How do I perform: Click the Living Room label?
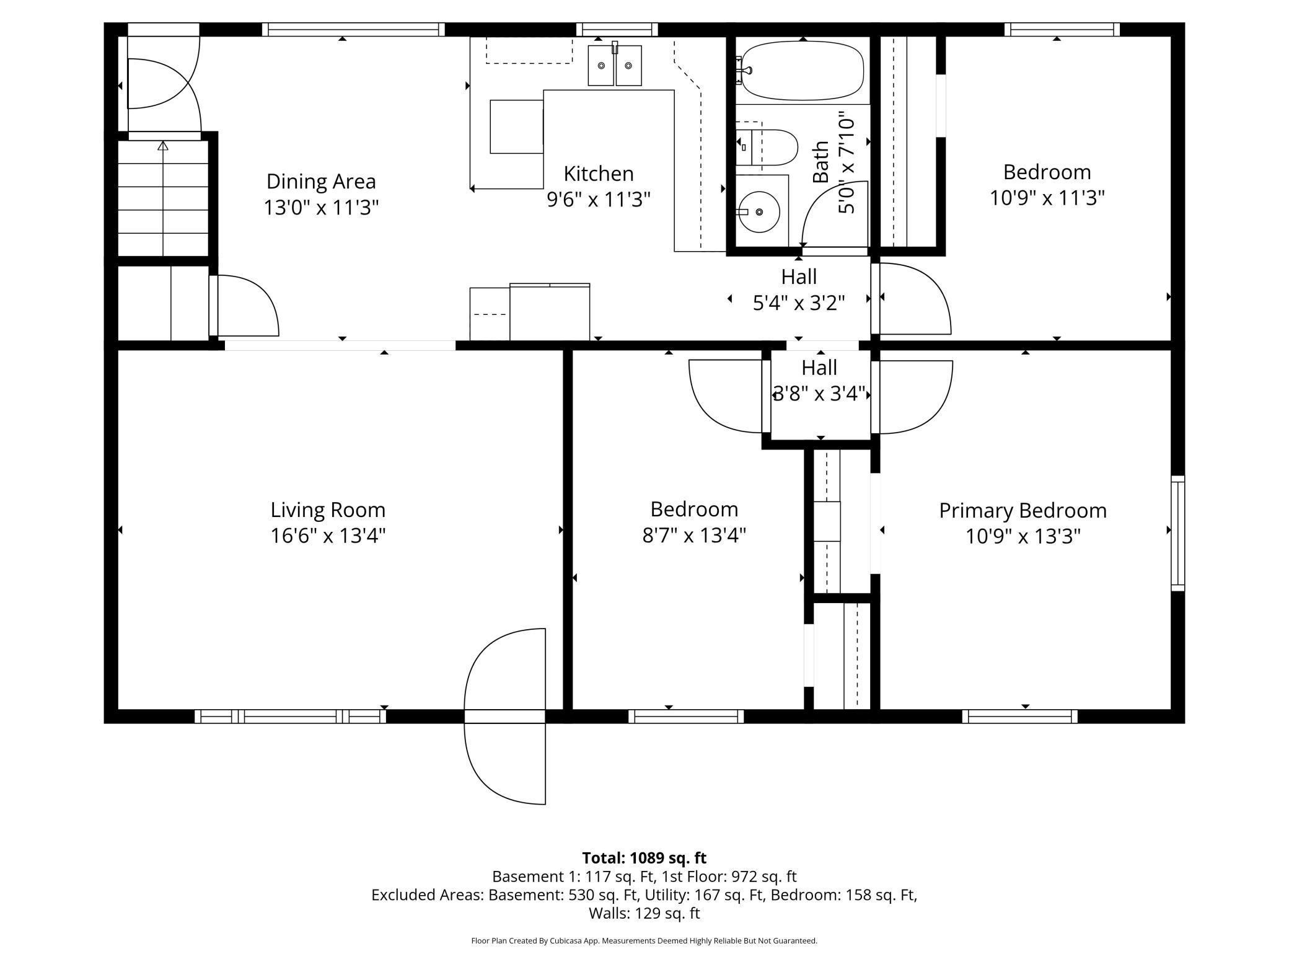[x=328, y=510]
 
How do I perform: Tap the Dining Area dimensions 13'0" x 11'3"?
[x=321, y=207]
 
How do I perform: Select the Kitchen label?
[x=599, y=173]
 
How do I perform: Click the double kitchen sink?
[x=615, y=64]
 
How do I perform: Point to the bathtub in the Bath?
[x=803, y=70]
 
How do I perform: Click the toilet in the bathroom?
[x=767, y=148]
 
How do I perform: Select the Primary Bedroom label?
[x=1023, y=511]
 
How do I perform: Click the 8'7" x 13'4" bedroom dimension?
[x=694, y=534]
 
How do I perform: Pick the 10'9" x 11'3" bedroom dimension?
[x=1047, y=198]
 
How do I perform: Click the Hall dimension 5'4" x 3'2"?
[x=799, y=302]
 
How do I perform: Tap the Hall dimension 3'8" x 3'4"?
[x=819, y=393]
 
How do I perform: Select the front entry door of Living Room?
[x=504, y=717]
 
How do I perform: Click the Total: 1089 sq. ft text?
[x=644, y=858]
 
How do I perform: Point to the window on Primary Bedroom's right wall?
[x=1177, y=533]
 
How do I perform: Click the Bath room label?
[x=820, y=162]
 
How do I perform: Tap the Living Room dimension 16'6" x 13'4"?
[x=328, y=535]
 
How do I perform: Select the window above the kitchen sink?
[x=617, y=29]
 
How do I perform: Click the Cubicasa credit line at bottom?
[x=644, y=940]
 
